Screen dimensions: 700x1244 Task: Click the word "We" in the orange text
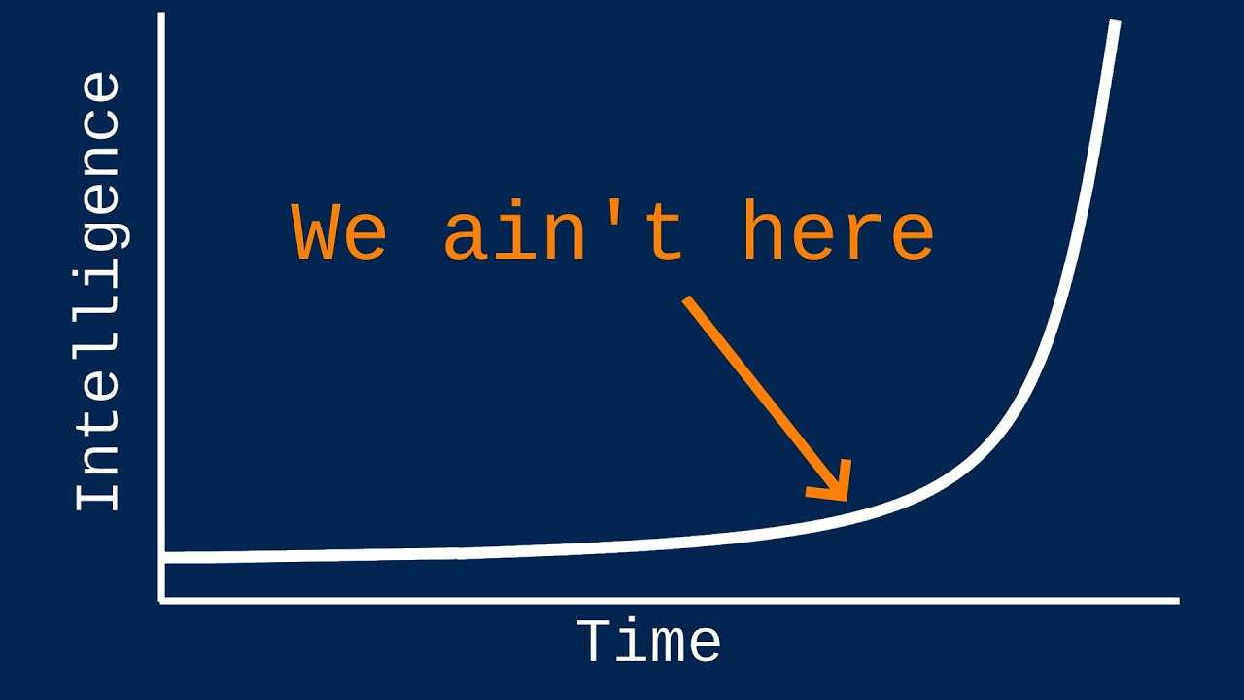[340, 234]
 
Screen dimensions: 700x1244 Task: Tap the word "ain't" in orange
[564, 234]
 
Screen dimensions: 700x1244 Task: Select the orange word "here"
[838, 234]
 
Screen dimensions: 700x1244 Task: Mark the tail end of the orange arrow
[686, 299]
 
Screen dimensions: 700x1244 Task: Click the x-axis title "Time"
[649, 643]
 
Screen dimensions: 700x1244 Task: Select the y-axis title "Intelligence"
[98, 292]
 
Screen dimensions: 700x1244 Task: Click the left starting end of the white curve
[166, 558]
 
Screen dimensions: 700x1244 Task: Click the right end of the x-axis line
[1177, 601]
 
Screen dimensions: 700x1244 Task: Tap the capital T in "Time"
[594, 643]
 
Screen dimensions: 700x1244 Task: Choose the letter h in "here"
[763, 234]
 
